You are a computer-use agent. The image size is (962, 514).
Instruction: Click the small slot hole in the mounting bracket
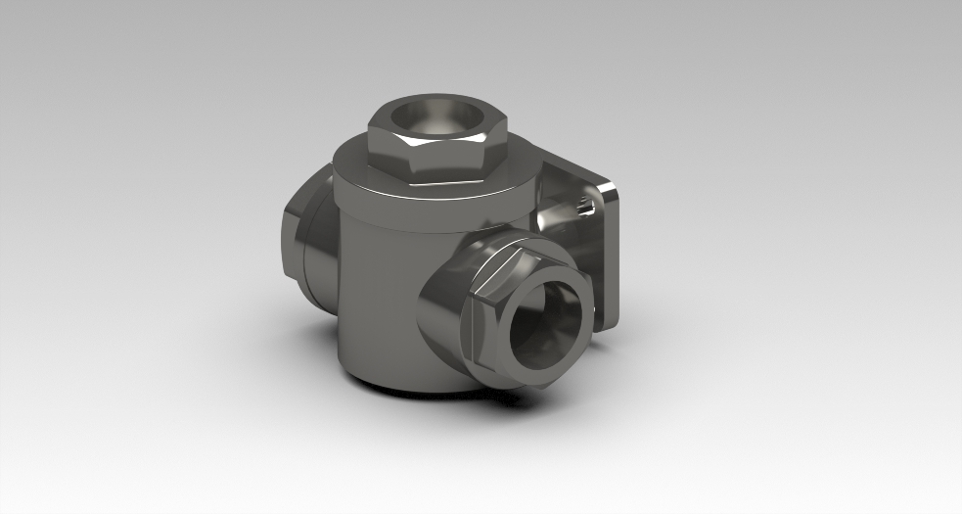(584, 206)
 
